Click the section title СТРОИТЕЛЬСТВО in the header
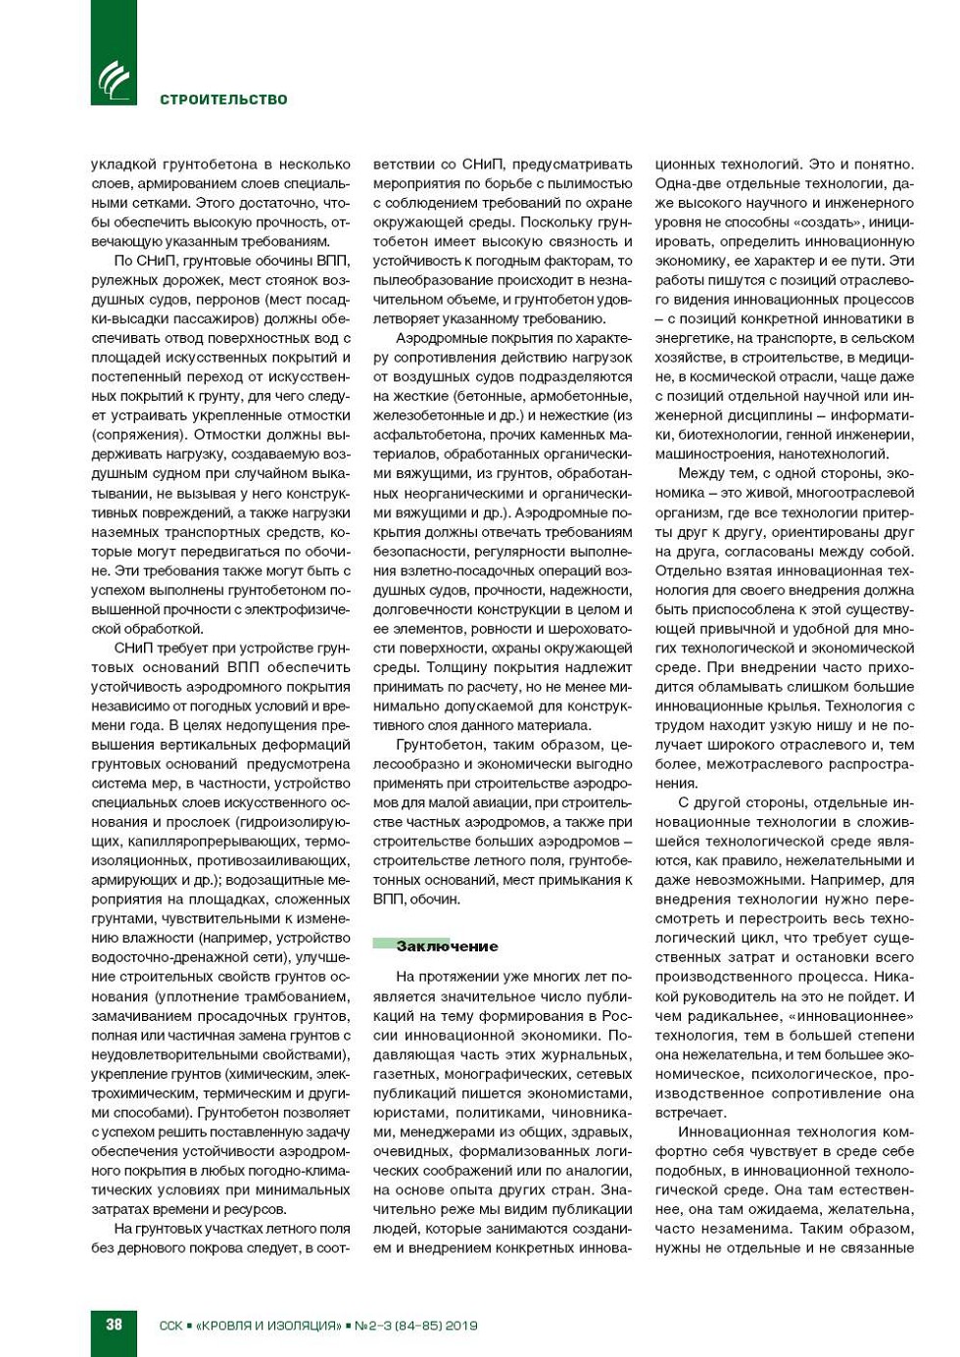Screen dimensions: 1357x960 coord(223,99)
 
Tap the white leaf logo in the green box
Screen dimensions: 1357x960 coord(114,80)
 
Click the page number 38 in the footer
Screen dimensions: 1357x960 coord(114,1324)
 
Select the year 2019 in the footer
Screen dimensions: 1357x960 coord(460,1326)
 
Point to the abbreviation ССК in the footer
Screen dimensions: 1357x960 coord(170,1326)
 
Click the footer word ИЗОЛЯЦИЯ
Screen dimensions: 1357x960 coord(303,1326)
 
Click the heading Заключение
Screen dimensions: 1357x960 coord(447,945)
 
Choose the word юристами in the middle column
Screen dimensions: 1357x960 coord(407,1112)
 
